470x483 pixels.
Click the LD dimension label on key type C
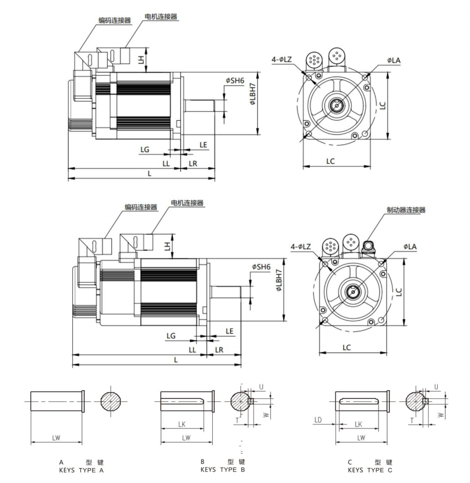[317, 420]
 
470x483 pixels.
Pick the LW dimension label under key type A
[57, 437]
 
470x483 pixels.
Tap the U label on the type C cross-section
[436, 386]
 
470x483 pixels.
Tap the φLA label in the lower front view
[410, 247]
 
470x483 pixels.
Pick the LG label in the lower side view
[171, 336]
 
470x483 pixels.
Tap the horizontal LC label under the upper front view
[330, 161]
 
